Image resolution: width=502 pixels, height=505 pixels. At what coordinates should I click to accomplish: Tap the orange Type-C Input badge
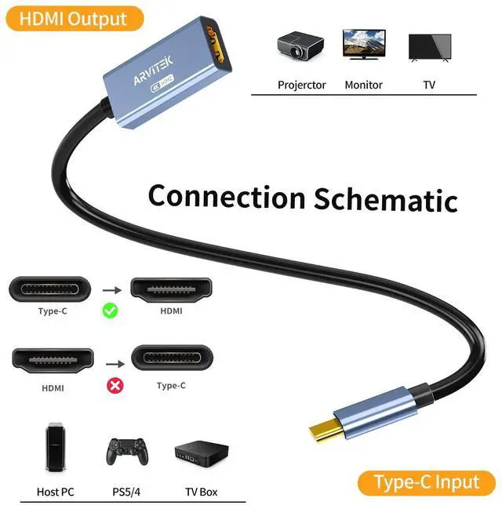(x=426, y=481)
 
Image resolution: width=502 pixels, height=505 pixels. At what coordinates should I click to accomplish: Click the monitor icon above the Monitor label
(x=363, y=46)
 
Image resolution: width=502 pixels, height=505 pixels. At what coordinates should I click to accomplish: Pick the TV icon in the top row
(x=430, y=47)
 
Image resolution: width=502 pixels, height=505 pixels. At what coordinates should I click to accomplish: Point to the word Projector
(x=301, y=85)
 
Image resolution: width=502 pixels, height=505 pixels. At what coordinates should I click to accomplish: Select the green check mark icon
(x=111, y=311)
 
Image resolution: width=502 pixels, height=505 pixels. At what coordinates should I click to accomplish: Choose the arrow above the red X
(x=115, y=364)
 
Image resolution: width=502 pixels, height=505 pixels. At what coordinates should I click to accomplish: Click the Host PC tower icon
(x=54, y=448)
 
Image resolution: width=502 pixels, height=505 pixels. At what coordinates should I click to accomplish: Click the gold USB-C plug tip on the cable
(x=322, y=431)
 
